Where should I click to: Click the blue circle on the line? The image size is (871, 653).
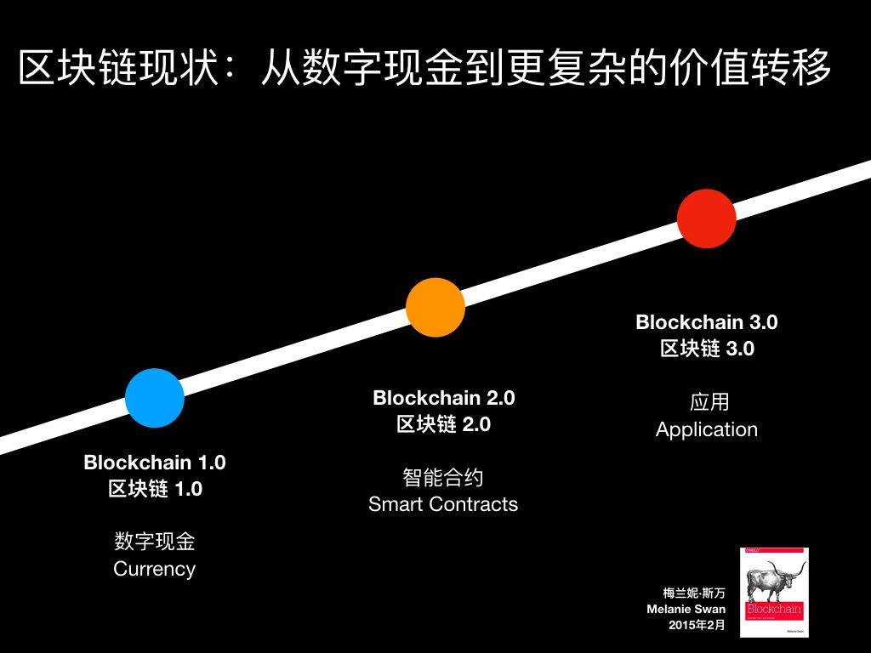(x=155, y=397)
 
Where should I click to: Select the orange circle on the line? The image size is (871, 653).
(x=435, y=307)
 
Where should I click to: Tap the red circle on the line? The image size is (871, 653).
(x=707, y=219)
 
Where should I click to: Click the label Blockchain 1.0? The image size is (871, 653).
(x=155, y=463)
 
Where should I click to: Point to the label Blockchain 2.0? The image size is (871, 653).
(x=444, y=398)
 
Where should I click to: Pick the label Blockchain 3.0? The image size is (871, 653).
(x=707, y=322)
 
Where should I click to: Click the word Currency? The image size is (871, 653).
(x=155, y=569)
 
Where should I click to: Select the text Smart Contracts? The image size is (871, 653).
(x=443, y=504)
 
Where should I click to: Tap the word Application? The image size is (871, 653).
(x=707, y=429)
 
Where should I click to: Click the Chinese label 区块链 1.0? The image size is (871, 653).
(x=155, y=489)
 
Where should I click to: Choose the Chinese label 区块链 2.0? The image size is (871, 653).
(x=444, y=424)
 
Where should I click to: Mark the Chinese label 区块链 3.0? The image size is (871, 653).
(x=707, y=349)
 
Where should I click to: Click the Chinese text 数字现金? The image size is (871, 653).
(x=155, y=542)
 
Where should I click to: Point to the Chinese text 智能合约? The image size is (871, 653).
(x=443, y=477)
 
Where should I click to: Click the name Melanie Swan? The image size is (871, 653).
(x=686, y=610)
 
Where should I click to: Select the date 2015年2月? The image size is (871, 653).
(x=697, y=626)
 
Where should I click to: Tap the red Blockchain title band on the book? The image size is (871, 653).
(x=774, y=610)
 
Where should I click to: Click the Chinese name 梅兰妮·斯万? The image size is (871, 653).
(x=694, y=593)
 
